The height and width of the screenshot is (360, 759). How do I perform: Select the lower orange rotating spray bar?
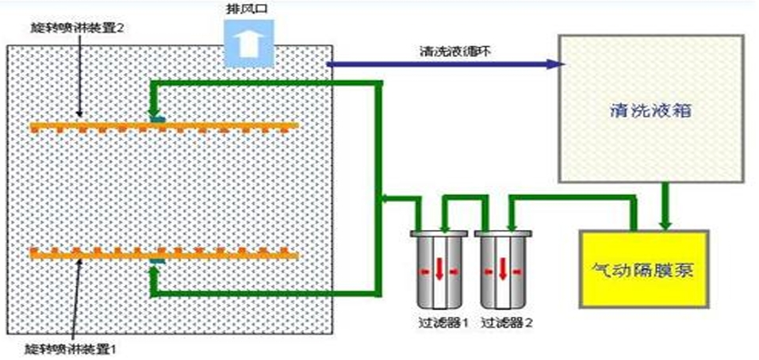pos(163,253)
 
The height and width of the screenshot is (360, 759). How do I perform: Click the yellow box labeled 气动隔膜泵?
pos(644,270)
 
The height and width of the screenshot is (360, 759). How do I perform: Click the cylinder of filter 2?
pos(501,270)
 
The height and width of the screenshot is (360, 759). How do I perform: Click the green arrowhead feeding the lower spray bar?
pos(155,274)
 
